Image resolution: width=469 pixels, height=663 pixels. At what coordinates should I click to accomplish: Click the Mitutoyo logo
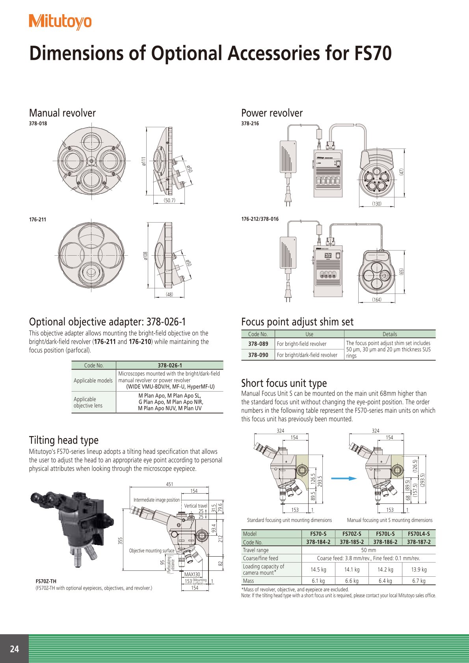tap(60, 22)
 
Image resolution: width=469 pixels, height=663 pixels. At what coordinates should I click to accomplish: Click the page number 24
tap(15, 649)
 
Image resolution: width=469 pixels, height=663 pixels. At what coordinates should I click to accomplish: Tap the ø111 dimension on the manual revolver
tap(144, 161)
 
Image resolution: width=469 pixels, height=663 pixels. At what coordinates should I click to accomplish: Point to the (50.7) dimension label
tap(169, 201)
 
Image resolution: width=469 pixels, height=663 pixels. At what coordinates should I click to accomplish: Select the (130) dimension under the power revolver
tap(377, 204)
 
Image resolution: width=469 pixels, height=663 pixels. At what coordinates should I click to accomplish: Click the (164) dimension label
tap(377, 299)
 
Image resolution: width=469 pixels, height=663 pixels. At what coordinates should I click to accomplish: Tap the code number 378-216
tap(250, 123)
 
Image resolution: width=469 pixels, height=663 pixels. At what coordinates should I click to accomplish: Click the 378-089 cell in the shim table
tap(258, 344)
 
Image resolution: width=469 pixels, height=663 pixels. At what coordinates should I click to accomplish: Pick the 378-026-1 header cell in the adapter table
tap(169, 365)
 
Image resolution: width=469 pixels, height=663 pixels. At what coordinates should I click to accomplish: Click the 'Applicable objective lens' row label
tap(88, 402)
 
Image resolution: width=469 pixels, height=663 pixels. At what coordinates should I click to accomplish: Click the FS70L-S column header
tap(385, 534)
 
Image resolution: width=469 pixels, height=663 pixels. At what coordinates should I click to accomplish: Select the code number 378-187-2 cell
tap(419, 542)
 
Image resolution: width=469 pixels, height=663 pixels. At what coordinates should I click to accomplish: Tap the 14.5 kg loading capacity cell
tap(318, 570)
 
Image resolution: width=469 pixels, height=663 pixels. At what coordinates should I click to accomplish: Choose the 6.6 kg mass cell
tap(352, 581)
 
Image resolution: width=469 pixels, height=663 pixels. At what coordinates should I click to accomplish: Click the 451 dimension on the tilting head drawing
tap(169, 484)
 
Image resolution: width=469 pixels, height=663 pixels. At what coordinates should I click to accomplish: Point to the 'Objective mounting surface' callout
tap(152, 550)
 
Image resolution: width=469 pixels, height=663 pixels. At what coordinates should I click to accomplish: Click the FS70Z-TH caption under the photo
tap(46, 581)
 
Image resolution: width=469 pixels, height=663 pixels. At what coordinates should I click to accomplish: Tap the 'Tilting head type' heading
tap(64, 440)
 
